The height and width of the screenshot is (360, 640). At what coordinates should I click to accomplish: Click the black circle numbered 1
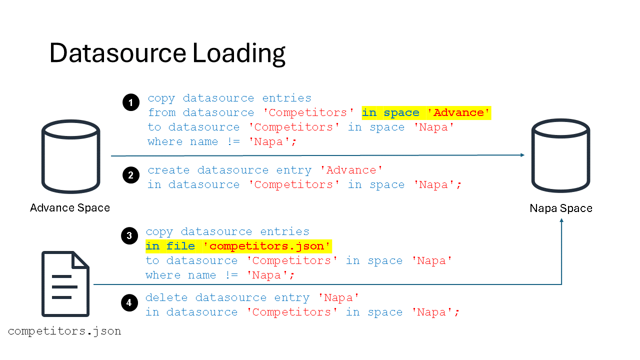pos(131,102)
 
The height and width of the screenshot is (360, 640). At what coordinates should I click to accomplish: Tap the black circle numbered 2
pos(131,175)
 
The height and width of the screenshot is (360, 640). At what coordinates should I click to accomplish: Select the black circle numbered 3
pos(129,235)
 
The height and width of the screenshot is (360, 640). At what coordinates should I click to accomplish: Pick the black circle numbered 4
pos(129,302)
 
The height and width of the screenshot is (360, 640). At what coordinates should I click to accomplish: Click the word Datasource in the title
pos(117,53)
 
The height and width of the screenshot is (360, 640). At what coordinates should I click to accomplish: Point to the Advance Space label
pos(70,207)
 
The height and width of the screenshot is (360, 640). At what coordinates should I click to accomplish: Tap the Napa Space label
pos(561,208)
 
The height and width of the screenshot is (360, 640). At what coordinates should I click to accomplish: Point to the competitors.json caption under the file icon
pos(64,331)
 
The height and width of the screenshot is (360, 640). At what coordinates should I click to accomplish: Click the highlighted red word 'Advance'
pos(458,112)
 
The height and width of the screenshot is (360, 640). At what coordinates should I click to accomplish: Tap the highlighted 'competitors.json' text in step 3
pos(266,246)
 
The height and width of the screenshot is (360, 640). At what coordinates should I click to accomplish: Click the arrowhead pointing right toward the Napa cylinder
pos(522,155)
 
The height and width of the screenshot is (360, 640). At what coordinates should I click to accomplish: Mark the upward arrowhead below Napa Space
pos(561,220)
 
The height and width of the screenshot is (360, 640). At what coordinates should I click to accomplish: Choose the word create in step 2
pos(168,170)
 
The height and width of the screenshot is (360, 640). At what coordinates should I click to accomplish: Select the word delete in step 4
pos(166,297)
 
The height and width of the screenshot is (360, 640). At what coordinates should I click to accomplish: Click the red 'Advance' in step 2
pos(351,170)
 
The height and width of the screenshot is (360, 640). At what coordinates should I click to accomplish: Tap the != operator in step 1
pos(233,141)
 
